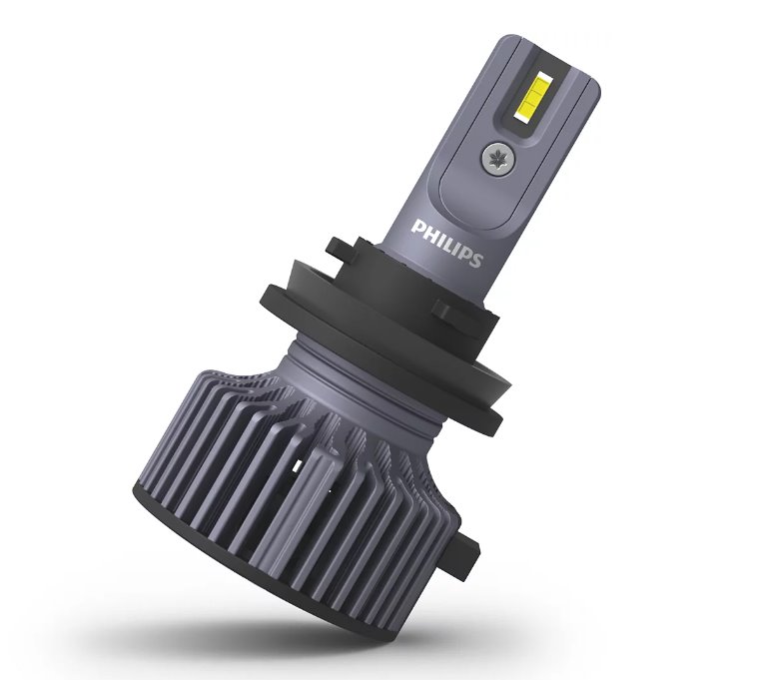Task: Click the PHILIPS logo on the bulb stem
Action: [x=446, y=244]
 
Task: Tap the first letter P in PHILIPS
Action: [x=416, y=227]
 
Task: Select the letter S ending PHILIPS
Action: [x=475, y=260]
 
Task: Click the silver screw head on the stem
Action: [x=496, y=157]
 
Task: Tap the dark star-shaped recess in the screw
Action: [x=496, y=157]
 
